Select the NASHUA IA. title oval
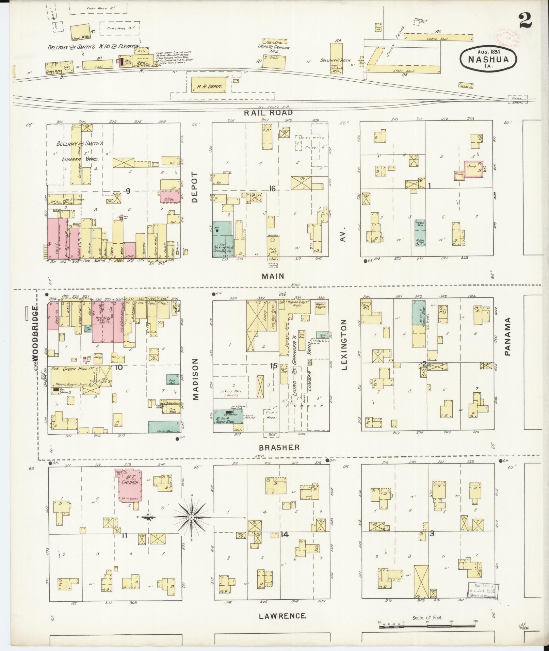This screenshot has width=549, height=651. click(488, 59)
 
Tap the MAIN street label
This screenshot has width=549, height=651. click(272, 276)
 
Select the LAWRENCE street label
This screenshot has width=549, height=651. click(282, 616)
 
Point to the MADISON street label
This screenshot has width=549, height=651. click(195, 379)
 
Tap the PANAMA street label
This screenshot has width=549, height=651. click(508, 337)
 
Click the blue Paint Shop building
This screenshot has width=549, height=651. click(164, 426)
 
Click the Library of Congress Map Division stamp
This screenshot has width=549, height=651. click(482, 591)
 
